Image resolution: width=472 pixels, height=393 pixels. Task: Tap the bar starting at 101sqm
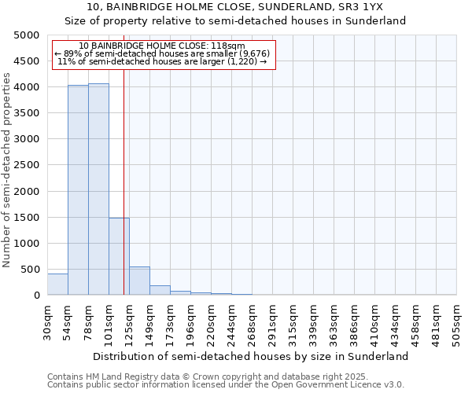(119, 256)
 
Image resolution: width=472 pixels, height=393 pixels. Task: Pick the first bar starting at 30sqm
(57, 284)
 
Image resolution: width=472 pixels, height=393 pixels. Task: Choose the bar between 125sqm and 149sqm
(139, 281)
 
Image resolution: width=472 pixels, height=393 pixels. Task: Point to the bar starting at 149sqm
(160, 290)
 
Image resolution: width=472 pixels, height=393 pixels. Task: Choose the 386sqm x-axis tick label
(356, 324)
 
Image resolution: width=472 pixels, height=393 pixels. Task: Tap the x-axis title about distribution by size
(250, 356)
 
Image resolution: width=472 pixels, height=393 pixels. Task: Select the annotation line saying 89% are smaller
(162, 53)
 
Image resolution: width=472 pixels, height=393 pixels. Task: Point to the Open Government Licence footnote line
(226, 385)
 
